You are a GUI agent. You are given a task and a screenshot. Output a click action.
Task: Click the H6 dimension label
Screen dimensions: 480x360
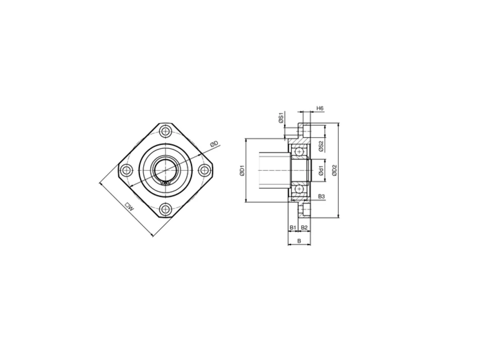[320, 108]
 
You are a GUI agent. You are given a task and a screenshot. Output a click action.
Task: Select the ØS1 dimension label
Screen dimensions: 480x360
[281, 118]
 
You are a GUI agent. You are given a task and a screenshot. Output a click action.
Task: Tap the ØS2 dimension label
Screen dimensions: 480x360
[321, 146]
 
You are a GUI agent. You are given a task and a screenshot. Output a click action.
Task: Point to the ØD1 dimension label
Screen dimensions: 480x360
[242, 170]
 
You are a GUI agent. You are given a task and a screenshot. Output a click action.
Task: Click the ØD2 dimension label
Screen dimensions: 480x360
[334, 170]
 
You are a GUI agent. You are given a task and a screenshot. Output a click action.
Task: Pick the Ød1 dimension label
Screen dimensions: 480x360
[321, 170]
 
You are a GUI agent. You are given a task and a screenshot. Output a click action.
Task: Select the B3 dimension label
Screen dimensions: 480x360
[321, 196]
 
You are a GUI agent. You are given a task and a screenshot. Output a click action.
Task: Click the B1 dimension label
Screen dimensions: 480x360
[293, 228]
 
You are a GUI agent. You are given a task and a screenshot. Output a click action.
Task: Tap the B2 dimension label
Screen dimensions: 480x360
[304, 228]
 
